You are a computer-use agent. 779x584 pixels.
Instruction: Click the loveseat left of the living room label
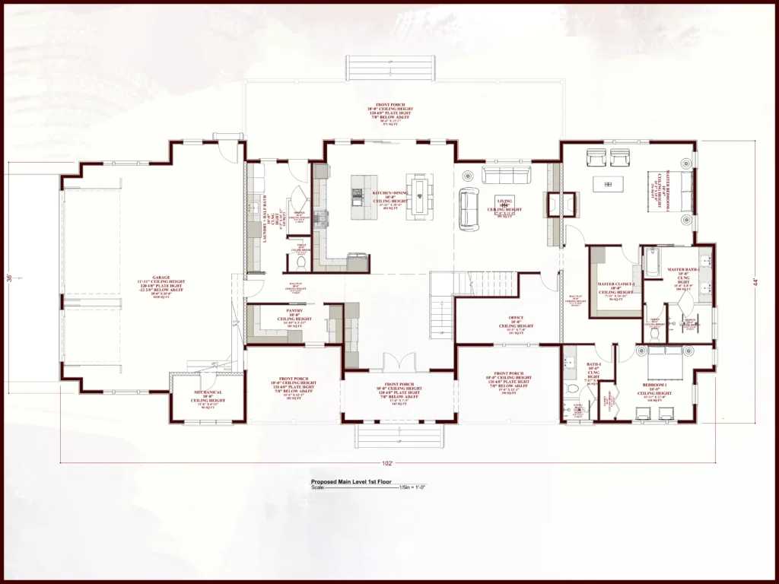click(x=469, y=209)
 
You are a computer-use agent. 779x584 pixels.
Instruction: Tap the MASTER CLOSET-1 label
click(x=615, y=287)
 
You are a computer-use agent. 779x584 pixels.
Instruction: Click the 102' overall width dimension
click(x=387, y=463)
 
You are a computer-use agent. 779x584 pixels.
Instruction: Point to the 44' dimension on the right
click(x=755, y=281)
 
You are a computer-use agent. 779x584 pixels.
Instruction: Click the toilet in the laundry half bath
click(x=300, y=262)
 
